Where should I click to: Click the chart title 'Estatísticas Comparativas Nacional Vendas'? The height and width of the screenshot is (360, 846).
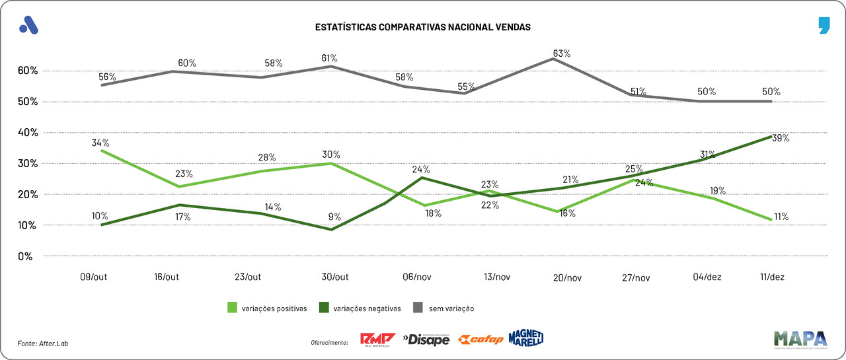[x=423, y=27]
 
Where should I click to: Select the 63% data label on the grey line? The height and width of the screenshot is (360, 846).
[x=562, y=54]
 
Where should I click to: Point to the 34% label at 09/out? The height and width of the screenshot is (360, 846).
[x=101, y=143]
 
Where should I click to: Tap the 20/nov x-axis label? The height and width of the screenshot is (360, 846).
[x=568, y=278]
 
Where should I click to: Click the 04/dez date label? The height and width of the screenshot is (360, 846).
[x=707, y=277]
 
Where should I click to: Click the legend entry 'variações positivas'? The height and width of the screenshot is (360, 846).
[x=267, y=308]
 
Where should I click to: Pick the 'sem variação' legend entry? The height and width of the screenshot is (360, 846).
[x=443, y=308]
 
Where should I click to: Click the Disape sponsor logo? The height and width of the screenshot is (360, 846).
[x=426, y=340]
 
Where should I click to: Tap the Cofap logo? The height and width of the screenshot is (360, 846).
[x=481, y=340]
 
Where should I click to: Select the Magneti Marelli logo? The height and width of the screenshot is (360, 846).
[x=526, y=338]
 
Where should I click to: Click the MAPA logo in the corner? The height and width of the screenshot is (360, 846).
[x=800, y=338]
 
